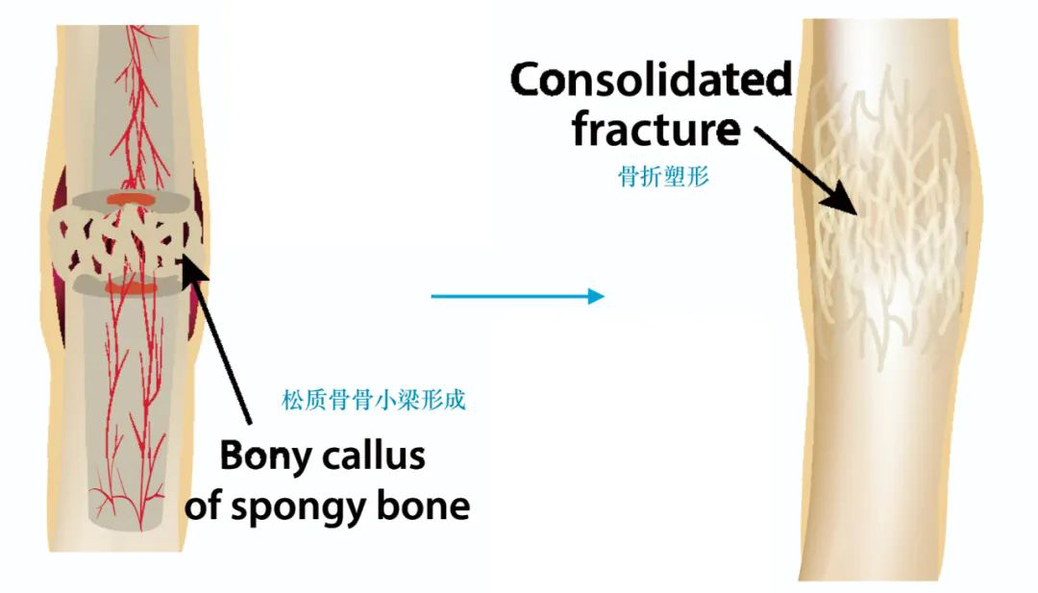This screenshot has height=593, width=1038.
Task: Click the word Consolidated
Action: [651, 80]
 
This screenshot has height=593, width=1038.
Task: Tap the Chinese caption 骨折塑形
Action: [663, 177]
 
